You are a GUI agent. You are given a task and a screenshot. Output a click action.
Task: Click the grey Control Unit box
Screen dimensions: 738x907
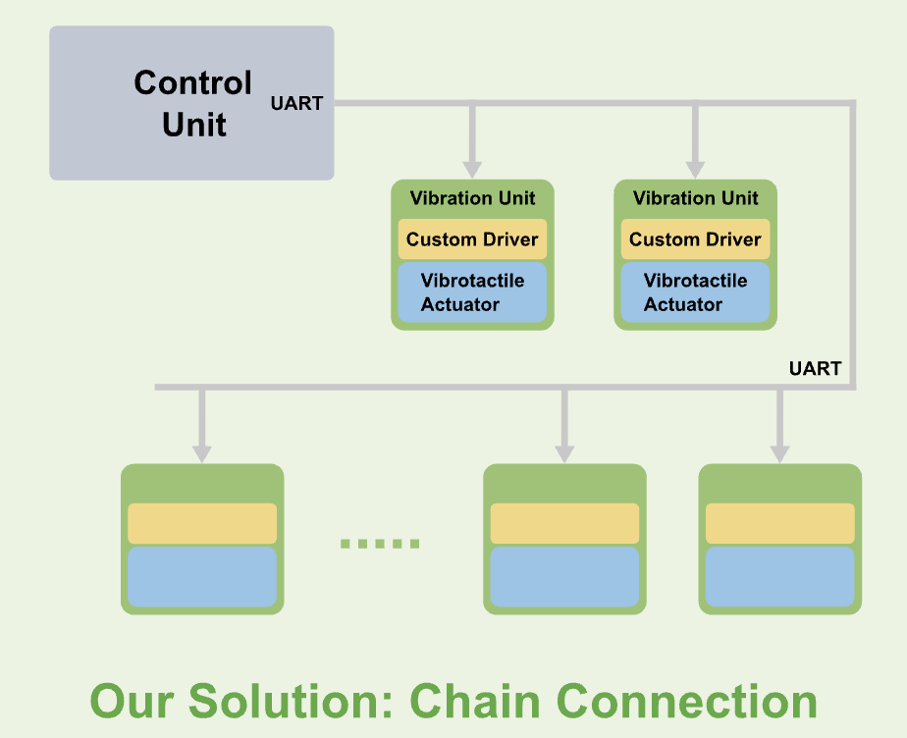192,103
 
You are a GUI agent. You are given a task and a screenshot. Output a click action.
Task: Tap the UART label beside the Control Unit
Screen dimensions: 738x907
296,103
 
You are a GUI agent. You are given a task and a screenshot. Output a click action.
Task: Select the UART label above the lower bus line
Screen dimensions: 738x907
815,369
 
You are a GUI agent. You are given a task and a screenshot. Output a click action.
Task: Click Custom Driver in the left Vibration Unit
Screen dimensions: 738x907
472,239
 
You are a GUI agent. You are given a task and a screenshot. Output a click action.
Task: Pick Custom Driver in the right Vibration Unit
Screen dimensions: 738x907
695,239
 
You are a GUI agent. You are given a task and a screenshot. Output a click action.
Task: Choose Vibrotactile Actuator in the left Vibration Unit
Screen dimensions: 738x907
472,292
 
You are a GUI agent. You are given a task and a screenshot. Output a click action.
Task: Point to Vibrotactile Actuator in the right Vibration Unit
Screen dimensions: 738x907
695,292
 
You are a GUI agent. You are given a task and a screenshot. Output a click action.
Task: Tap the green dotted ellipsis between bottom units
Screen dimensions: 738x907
380,543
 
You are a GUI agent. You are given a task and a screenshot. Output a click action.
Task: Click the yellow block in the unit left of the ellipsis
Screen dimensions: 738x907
202,523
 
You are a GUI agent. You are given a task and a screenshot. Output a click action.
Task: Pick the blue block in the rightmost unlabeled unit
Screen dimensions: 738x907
780,576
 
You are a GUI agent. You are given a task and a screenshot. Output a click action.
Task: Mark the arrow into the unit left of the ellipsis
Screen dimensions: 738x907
201,426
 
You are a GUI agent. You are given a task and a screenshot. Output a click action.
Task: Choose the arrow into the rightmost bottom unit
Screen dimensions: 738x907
779,426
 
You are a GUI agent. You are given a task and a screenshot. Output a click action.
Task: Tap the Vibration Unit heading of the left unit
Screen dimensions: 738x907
472,198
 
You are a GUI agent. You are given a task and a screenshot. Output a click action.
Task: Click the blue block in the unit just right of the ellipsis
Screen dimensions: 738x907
564,576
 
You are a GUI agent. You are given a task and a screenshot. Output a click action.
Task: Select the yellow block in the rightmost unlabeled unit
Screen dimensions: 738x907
780,523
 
